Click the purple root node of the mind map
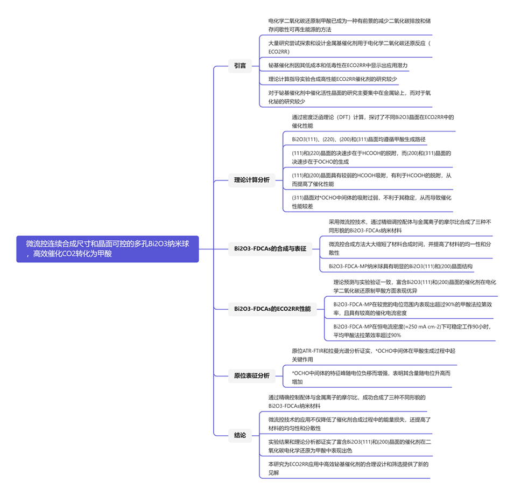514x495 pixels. pos(108,249)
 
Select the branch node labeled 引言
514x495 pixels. pos(240,66)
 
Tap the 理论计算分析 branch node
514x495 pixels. pos(252,180)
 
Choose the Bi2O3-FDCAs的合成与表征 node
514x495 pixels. pos(270,248)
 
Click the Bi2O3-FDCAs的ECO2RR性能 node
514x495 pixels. pos(272,309)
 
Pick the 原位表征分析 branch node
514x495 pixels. pos(252,375)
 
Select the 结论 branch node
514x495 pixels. pos(240,435)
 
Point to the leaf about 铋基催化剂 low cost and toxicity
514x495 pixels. pos(338,65)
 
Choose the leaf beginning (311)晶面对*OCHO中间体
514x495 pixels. pos(371,201)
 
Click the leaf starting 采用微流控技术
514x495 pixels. pos(410,226)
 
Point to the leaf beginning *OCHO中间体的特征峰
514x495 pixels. pos(371,377)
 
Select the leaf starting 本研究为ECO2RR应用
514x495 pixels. pos(348,468)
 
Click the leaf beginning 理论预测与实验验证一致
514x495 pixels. pos(414,286)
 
